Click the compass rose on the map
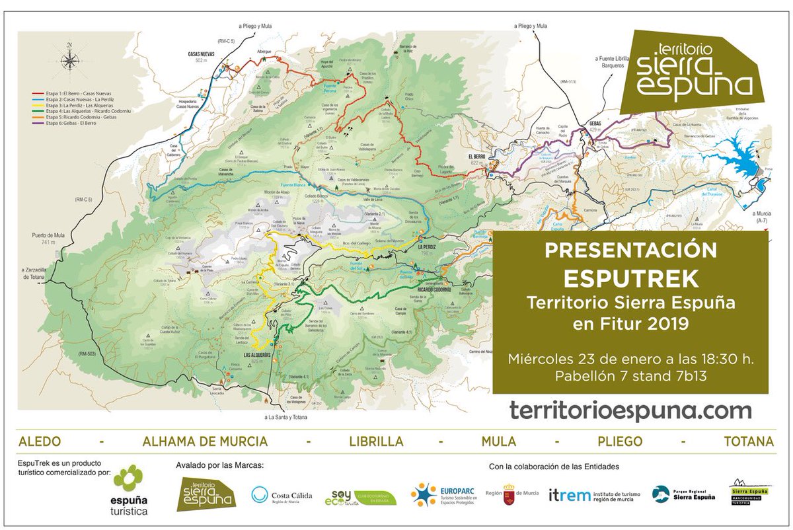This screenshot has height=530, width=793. click(x=68, y=57)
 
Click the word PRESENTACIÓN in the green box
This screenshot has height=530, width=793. click(x=630, y=250)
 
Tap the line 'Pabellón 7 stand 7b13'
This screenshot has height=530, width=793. click(x=630, y=378)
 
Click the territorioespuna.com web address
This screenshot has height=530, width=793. click(x=630, y=410)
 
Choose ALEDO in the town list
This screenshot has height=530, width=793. click(x=40, y=441)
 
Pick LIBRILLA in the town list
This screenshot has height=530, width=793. click(x=379, y=441)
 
